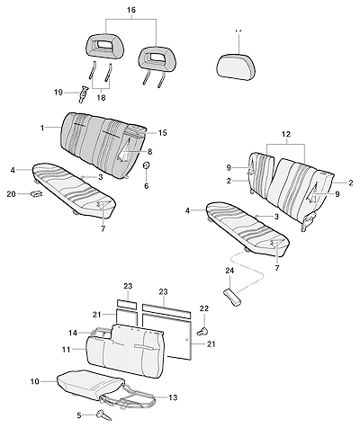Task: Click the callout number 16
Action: click(x=131, y=10)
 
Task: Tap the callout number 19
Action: click(x=58, y=93)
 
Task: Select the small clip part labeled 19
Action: click(x=83, y=94)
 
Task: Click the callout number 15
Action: click(x=162, y=133)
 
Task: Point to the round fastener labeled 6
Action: click(x=147, y=165)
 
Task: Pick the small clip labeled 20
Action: click(x=36, y=194)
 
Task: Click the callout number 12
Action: click(x=286, y=135)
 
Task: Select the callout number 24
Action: click(x=229, y=271)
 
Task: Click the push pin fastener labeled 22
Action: click(x=202, y=331)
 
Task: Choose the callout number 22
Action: click(x=204, y=308)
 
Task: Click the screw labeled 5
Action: click(x=103, y=415)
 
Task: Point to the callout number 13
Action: click(x=173, y=397)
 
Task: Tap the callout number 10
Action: click(x=35, y=381)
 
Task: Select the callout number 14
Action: click(x=73, y=333)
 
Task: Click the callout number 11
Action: click(x=66, y=350)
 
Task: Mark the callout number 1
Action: click(x=42, y=128)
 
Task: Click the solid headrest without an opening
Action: click(x=236, y=67)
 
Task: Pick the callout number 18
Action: click(x=101, y=98)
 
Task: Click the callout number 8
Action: click(x=149, y=152)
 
